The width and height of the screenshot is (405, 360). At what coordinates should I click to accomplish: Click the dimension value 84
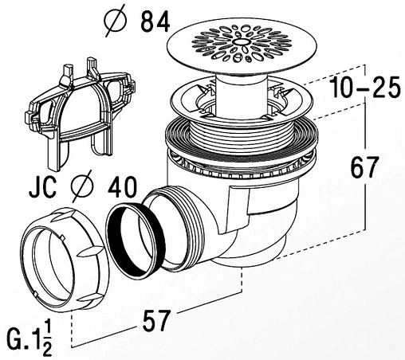click(155, 22)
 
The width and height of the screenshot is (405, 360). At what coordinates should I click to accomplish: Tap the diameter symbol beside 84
click(115, 22)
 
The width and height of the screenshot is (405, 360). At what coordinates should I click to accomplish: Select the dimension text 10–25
click(366, 87)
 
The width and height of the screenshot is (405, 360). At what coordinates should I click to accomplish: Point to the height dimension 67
click(364, 167)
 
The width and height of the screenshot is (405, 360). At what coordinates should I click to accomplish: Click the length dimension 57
click(155, 321)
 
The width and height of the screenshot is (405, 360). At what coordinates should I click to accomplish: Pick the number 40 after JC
click(122, 187)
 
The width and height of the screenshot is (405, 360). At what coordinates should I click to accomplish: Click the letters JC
click(42, 187)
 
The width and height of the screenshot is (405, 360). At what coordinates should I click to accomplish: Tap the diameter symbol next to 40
click(82, 186)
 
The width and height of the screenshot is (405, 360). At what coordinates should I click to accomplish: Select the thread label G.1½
click(29, 338)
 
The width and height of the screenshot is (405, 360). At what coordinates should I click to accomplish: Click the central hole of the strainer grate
click(242, 41)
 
